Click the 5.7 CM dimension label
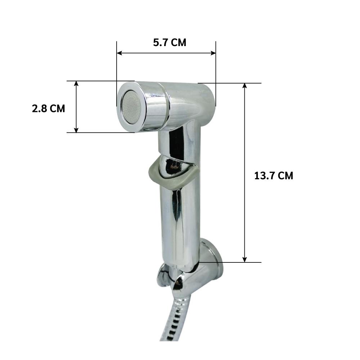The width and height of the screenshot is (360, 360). [x=170, y=42]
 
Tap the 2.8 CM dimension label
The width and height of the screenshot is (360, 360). [x=49, y=108]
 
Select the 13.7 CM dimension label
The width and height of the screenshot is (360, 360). [x=274, y=176]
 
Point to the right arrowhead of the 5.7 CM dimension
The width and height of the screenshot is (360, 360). [x=213, y=53]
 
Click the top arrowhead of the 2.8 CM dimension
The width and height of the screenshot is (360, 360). [x=76, y=84]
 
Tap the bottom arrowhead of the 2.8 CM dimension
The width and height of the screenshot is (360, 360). [x=76, y=130]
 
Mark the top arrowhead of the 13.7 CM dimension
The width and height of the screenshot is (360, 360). [x=245, y=86]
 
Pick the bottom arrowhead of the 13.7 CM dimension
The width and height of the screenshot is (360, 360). [x=245, y=260]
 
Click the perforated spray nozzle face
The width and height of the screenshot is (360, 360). [x=131, y=107]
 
